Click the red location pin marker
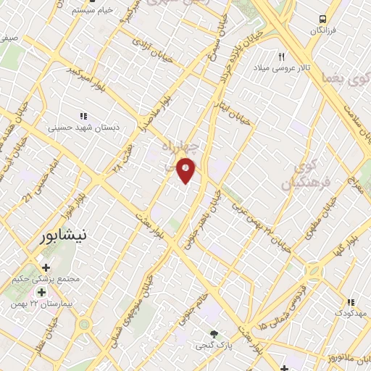click(186, 170)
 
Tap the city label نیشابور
click(65, 235)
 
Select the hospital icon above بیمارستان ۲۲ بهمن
click(42, 292)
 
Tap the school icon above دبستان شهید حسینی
click(83, 116)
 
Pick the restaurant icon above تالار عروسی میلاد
click(283, 56)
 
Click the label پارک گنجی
click(212, 346)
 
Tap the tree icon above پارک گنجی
click(213, 334)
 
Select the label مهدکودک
click(351, 312)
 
